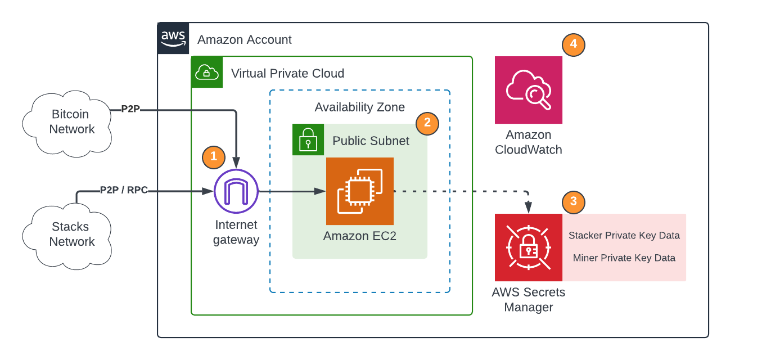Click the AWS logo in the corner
pyautogui.click(x=173, y=38)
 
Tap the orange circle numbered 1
pyautogui.click(x=214, y=157)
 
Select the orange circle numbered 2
pyautogui.click(x=427, y=123)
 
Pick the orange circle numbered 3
pyautogui.click(x=574, y=202)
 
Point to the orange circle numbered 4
pyautogui.click(x=574, y=44)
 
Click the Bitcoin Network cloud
pyautogui.click(x=68, y=122)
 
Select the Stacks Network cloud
pyautogui.click(x=68, y=235)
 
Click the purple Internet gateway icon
pyautogui.click(x=236, y=191)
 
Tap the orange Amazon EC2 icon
pyautogui.click(x=360, y=191)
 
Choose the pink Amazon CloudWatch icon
pyautogui.click(x=529, y=90)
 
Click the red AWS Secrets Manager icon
pyautogui.click(x=529, y=247)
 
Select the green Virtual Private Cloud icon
pyautogui.click(x=207, y=72)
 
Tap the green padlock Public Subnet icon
pyautogui.click(x=308, y=139)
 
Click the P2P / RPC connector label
pyautogui.click(x=124, y=190)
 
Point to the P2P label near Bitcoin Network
pyautogui.click(x=130, y=109)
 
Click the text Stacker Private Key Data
pyautogui.click(x=624, y=236)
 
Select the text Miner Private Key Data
pyautogui.click(x=624, y=258)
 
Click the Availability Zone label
pyautogui.click(x=360, y=107)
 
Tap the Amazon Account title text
pyautogui.click(x=245, y=40)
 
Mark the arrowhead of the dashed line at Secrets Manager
pyautogui.click(x=529, y=209)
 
